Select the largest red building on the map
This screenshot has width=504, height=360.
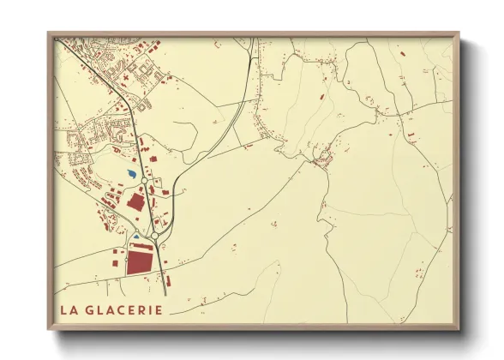coord(140,262)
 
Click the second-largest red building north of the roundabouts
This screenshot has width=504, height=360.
coord(135,202)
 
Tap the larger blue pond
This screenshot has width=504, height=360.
coord(129,176)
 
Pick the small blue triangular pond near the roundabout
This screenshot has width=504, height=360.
coord(134,235)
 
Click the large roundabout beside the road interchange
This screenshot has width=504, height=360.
coord(153,234)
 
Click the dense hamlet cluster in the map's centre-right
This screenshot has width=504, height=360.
coord(323,156)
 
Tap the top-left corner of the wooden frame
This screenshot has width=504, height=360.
coord(50,35)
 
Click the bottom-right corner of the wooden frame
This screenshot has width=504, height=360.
coord(459,328)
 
